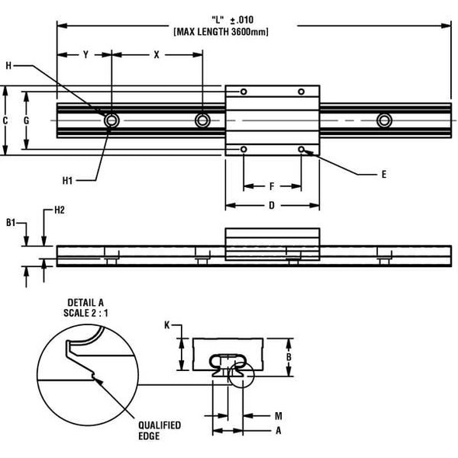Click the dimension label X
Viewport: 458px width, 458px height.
(156, 55)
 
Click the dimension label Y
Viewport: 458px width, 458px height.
(85, 55)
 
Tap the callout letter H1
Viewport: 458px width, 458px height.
(68, 180)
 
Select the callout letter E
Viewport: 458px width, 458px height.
(383, 175)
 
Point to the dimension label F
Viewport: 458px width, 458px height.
(271, 186)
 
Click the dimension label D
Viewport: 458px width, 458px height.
(271, 206)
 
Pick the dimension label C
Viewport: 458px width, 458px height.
(5, 120)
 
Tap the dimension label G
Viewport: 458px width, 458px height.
(26, 120)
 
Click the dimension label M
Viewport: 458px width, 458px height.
(278, 415)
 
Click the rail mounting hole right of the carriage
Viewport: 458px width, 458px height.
(383, 120)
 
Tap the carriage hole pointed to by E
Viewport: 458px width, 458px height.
(302, 148)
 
